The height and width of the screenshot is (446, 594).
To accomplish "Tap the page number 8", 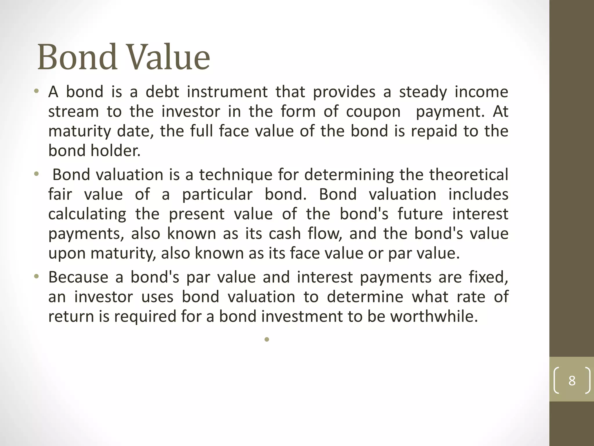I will pos(572,380).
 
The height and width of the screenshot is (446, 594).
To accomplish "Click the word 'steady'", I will pos(423,92).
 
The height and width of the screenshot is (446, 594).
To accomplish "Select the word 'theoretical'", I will pos(469,175).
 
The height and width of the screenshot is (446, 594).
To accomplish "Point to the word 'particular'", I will pos(217,195).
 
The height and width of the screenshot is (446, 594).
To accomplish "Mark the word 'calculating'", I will pos(87,214).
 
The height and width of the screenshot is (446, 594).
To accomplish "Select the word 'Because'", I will pos(78,277).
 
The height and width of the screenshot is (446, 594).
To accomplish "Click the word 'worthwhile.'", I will pos(434,316).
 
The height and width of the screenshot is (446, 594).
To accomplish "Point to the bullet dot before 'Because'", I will pos(36,276).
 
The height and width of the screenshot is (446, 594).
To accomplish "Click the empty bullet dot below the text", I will pos(267,339).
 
